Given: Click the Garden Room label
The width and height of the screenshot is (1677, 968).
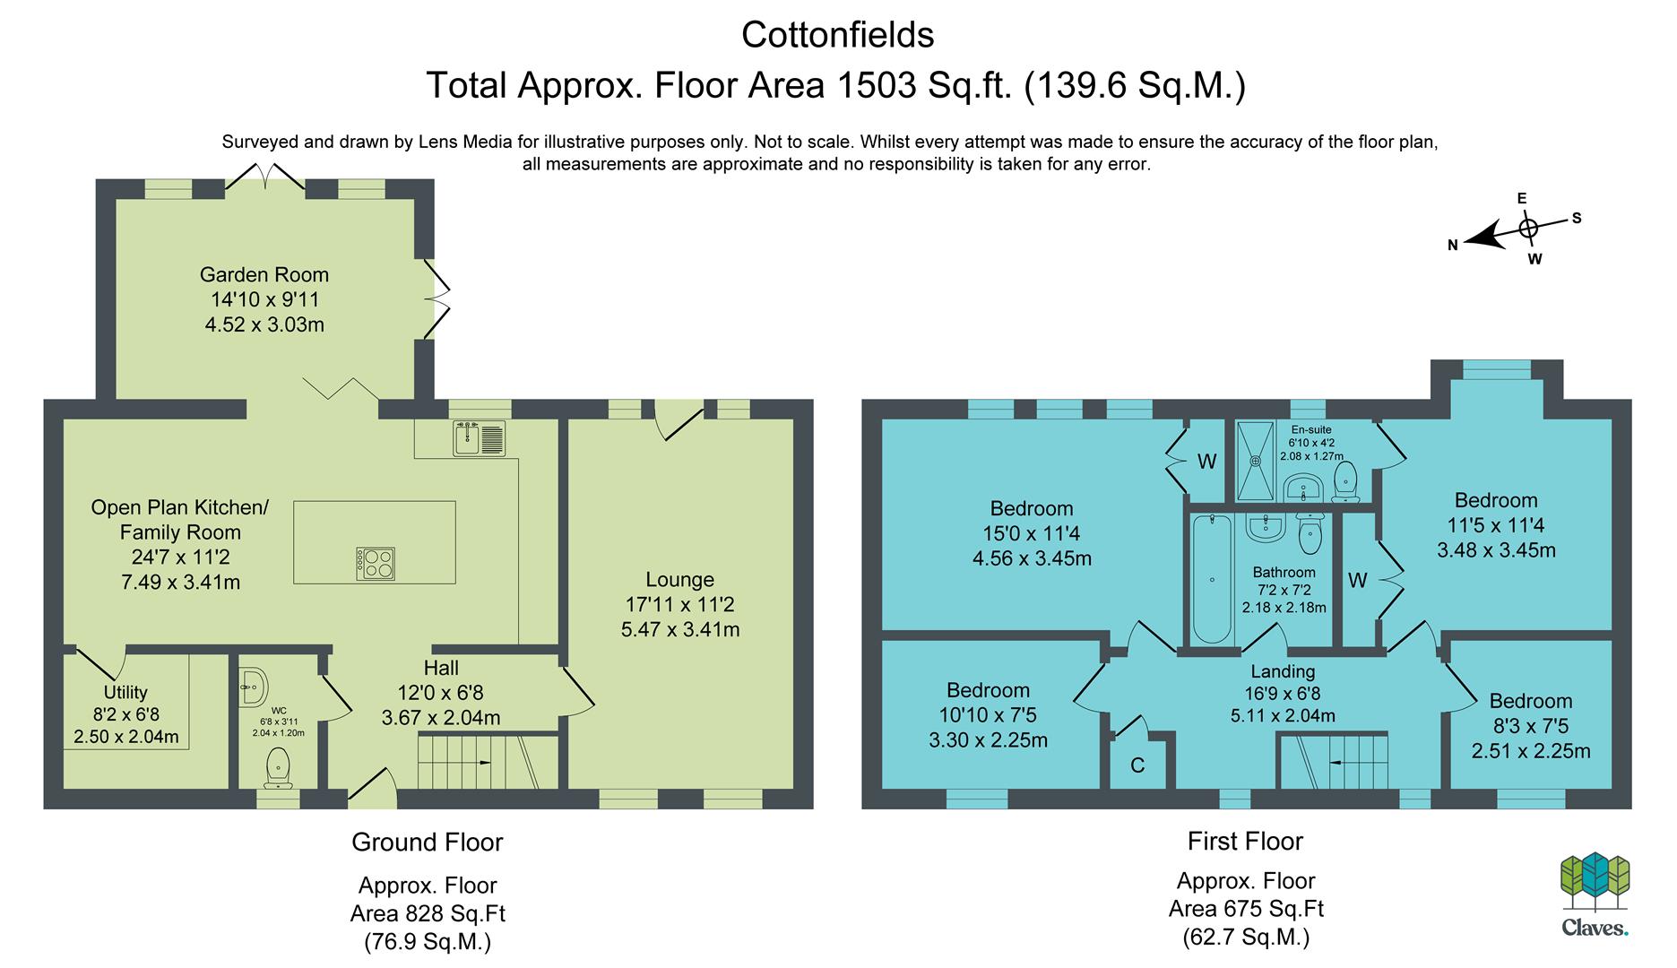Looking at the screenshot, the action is click(x=264, y=275).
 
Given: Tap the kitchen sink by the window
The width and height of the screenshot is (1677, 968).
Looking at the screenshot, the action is click(x=480, y=438).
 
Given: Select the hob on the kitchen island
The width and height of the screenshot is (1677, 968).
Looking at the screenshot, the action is click(x=376, y=564).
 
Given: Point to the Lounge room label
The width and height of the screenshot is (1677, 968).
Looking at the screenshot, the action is click(x=679, y=580).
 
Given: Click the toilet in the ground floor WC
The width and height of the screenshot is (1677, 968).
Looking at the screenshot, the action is click(x=278, y=770).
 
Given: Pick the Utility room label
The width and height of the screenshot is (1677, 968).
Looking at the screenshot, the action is click(x=125, y=693).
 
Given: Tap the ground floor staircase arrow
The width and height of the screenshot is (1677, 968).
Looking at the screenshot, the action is click(x=481, y=763).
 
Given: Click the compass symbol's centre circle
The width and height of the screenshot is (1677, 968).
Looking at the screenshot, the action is click(x=1528, y=229).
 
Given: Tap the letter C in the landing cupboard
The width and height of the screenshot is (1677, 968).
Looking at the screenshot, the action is click(x=1137, y=765).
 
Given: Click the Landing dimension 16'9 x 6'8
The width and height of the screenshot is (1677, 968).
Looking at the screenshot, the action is click(x=1283, y=693).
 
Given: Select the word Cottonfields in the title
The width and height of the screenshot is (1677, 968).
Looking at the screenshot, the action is click(x=838, y=35).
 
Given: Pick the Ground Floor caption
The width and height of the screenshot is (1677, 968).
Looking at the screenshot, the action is click(x=428, y=843).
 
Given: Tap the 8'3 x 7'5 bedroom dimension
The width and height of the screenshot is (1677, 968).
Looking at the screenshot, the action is click(x=1531, y=727).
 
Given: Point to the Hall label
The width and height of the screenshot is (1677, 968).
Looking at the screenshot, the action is click(x=441, y=668).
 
